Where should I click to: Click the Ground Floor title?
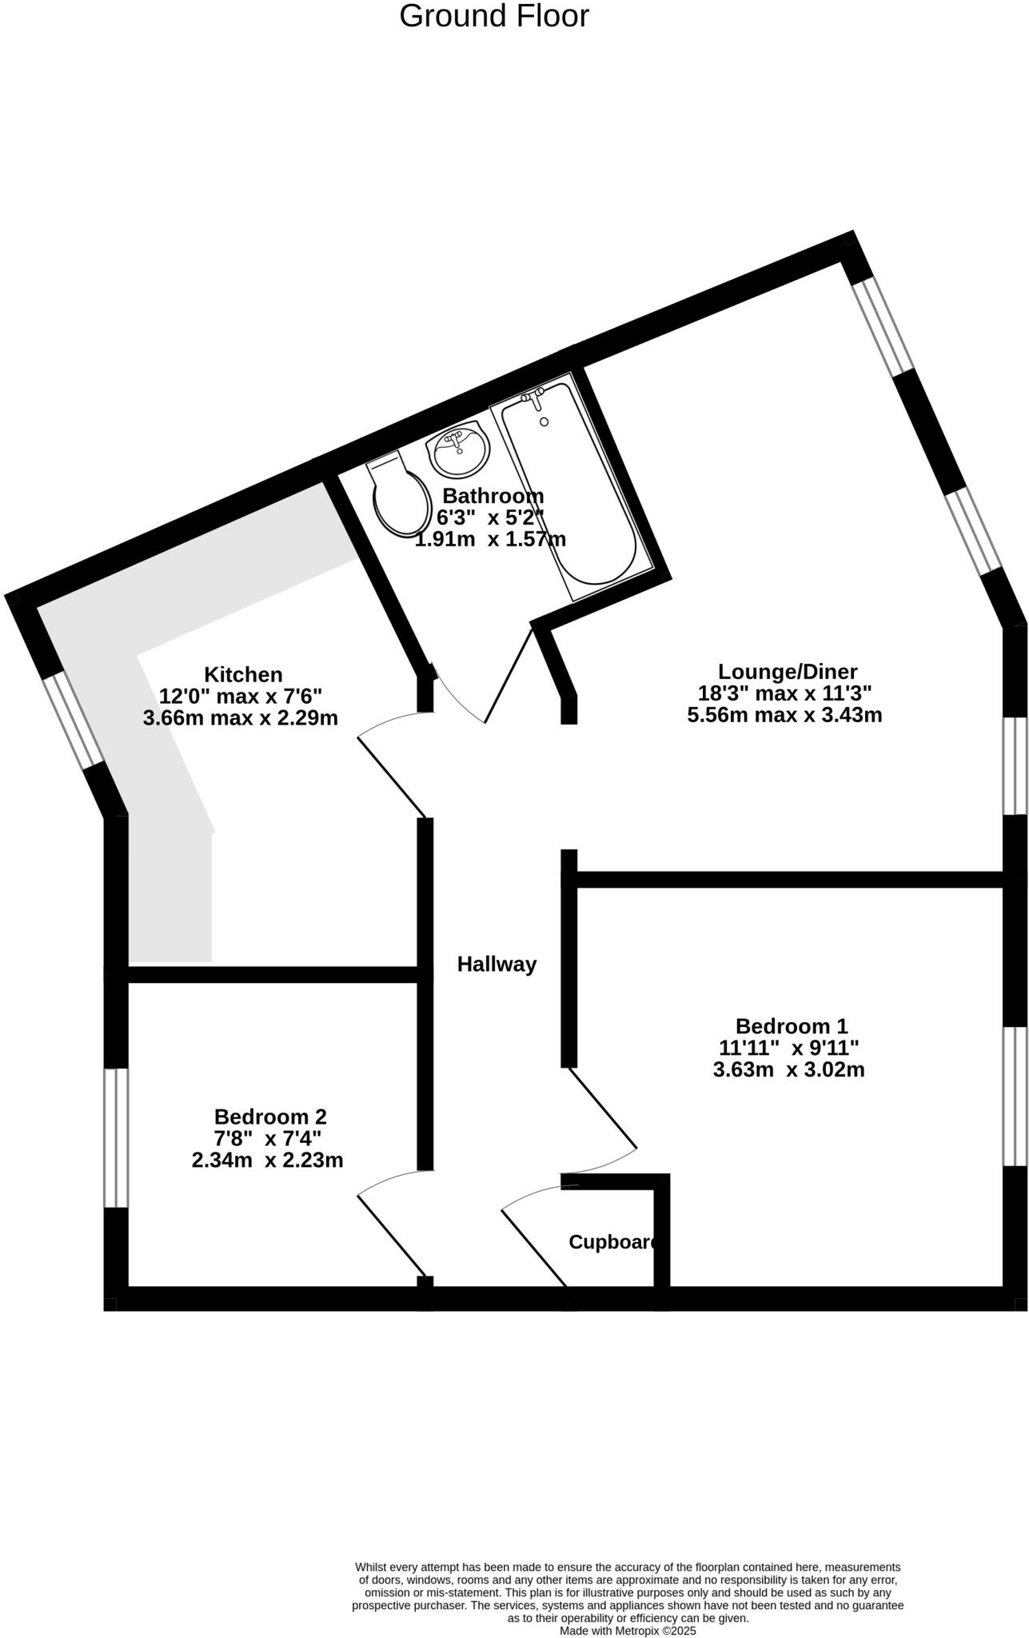click(493, 17)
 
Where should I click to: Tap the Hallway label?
click(497, 965)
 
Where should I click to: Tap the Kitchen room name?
click(243, 674)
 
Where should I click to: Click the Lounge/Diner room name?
click(787, 671)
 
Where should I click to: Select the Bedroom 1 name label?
click(791, 1025)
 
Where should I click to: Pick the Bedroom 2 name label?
click(270, 1117)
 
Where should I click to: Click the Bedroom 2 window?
click(117, 1137)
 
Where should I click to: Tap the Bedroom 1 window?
click(1015, 1096)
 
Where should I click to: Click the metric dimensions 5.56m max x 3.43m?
click(784, 715)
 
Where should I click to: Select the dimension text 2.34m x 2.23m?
click(267, 1160)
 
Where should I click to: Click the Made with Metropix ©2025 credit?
click(628, 1630)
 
